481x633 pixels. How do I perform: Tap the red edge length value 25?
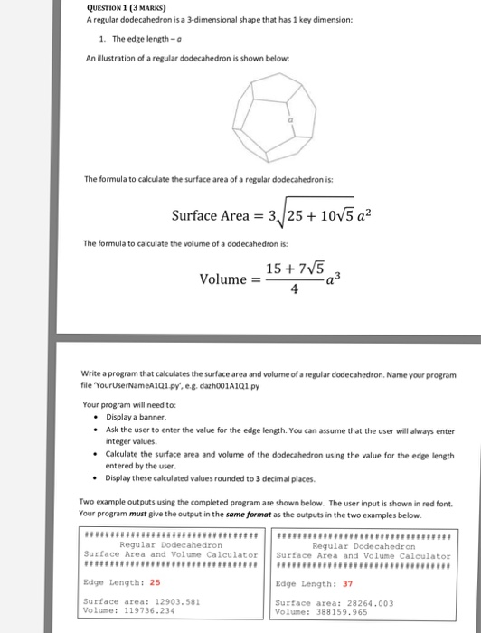coord(155,582)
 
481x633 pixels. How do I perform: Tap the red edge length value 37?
coord(347,583)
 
